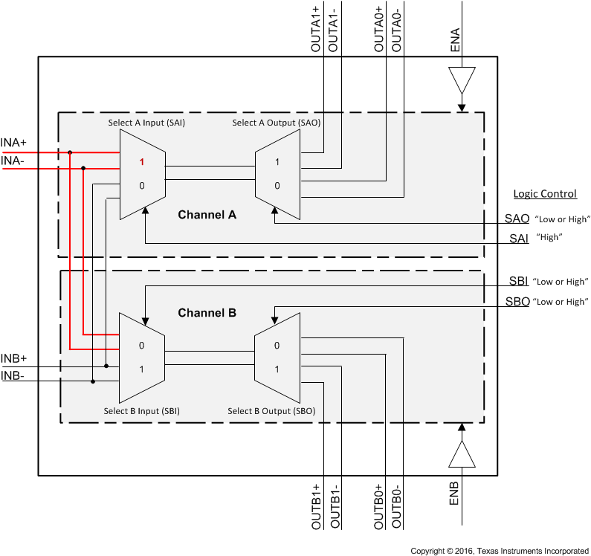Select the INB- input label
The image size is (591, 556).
(13, 375)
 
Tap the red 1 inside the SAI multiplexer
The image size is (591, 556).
(142, 162)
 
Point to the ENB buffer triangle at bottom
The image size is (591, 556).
(461, 454)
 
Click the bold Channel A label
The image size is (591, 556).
(207, 215)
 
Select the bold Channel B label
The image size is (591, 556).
(207, 313)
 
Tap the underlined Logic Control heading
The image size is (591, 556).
(545, 194)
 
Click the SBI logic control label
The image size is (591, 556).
(518, 282)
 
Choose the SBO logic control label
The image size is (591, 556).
(519, 302)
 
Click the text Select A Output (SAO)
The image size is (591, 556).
(276, 123)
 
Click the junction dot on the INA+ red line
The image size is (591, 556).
(70, 152)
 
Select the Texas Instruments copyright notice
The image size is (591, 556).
(500, 551)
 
